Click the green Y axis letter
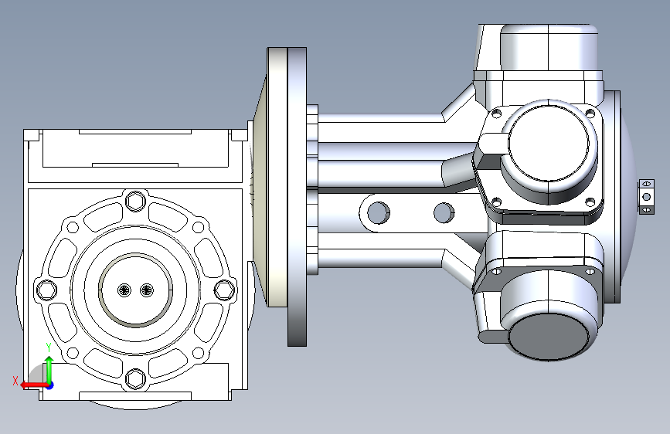[x=49, y=348]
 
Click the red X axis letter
[x=15, y=381]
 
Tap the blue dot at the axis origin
[x=50, y=385]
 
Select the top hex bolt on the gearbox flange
[x=136, y=200]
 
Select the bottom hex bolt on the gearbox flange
[x=136, y=378]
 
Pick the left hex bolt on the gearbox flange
[x=46, y=290]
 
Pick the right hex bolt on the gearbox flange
[x=224, y=290]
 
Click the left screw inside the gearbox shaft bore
[x=124, y=290]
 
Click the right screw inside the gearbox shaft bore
[x=147, y=290]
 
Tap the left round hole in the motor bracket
[x=378, y=212]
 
